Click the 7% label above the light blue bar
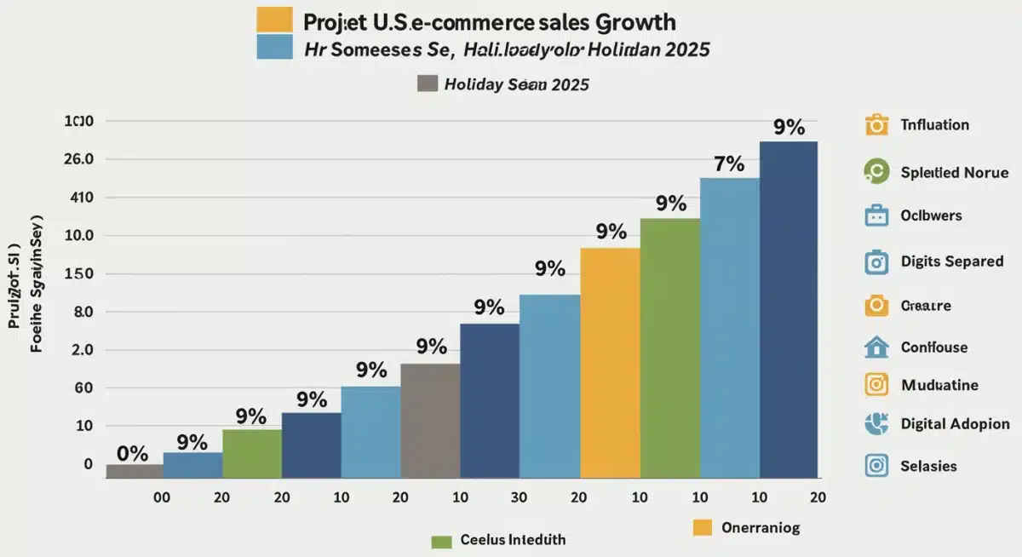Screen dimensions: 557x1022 pos(729,164)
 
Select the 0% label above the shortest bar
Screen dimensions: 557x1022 pos(132,452)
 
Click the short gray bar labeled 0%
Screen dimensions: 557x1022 pos(134,470)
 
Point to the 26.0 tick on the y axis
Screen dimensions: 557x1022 pos(78,159)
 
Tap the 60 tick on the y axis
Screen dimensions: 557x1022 pos(83,388)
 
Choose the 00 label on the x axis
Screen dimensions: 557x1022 pos(162,497)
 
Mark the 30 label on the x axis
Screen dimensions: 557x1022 pos(519,497)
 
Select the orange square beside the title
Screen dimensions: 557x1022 pos(274,20)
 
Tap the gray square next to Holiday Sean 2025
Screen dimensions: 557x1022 pos(428,83)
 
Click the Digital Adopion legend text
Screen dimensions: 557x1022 pos(955,423)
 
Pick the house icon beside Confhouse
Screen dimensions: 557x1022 pos(876,347)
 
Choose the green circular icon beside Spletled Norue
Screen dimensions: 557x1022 pos(876,172)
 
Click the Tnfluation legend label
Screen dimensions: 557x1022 pos(934,124)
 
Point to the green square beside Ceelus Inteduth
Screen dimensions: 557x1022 pos(441,541)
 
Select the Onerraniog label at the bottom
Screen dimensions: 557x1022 pos(761,528)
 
